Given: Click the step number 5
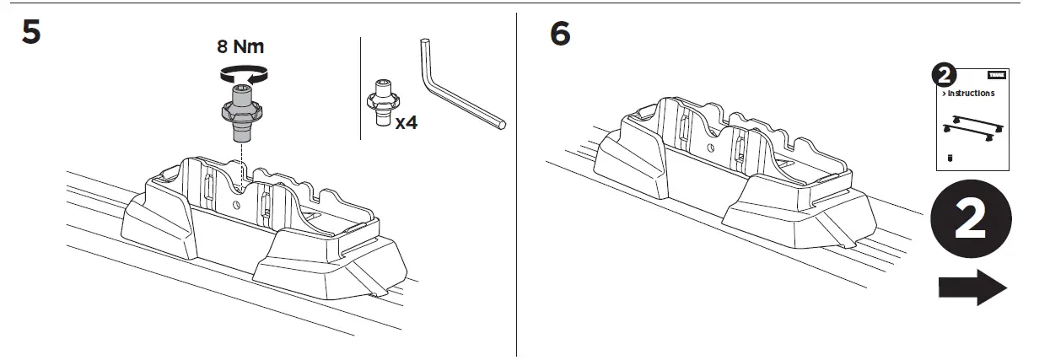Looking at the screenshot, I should [30, 35].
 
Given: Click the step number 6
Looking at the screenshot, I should [559, 35].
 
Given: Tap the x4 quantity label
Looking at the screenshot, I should [407, 122].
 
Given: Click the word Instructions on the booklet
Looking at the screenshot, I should [971, 94].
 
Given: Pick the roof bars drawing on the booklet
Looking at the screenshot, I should [972, 128].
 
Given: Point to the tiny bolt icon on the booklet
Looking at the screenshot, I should [950, 157].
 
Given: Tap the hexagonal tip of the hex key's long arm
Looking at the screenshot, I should [502, 124].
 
